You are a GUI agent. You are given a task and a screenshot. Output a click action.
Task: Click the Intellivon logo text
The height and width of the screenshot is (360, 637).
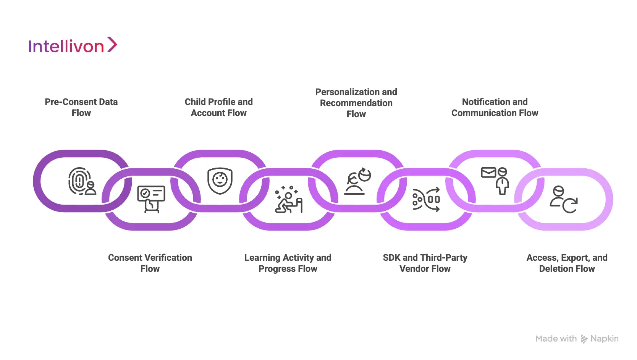click(66, 47)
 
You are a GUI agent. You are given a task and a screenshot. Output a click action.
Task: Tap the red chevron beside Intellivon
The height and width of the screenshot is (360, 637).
click(112, 45)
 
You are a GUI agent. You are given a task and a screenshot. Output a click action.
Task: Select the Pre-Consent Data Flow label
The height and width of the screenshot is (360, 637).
click(81, 107)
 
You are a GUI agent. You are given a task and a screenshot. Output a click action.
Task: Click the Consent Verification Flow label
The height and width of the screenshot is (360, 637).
click(150, 263)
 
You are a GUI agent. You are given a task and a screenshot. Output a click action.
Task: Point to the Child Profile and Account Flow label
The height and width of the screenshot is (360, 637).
click(218, 107)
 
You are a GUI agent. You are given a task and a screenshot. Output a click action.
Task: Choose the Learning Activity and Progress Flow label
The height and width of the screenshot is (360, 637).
click(288, 263)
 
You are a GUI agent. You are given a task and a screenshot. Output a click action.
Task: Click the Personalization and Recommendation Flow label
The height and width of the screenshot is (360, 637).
click(356, 103)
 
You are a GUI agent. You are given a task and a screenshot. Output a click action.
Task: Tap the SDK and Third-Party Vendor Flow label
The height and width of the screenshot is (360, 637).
click(425, 263)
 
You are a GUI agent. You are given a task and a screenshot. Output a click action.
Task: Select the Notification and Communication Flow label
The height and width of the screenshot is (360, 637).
click(495, 107)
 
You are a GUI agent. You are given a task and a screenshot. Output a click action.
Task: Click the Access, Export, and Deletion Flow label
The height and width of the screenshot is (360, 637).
click(567, 263)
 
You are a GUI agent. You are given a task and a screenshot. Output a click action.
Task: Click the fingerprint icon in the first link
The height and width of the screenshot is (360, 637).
click(79, 180)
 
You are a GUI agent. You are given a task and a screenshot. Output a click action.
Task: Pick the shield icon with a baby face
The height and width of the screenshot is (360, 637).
click(220, 180)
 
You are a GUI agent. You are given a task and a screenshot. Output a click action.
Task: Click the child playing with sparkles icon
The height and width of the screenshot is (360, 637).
click(289, 200)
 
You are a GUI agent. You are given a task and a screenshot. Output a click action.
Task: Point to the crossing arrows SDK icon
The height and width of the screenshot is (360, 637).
click(426, 200)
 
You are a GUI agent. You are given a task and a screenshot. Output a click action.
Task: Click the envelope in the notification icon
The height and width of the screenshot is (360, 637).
click(488, 173)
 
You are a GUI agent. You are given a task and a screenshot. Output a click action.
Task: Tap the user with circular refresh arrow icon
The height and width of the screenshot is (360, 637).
click(564, 200)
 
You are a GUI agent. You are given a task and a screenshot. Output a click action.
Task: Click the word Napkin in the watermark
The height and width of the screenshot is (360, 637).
click(604, 339)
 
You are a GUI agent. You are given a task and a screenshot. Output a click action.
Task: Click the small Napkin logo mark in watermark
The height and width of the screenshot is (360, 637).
click(584, 339)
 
